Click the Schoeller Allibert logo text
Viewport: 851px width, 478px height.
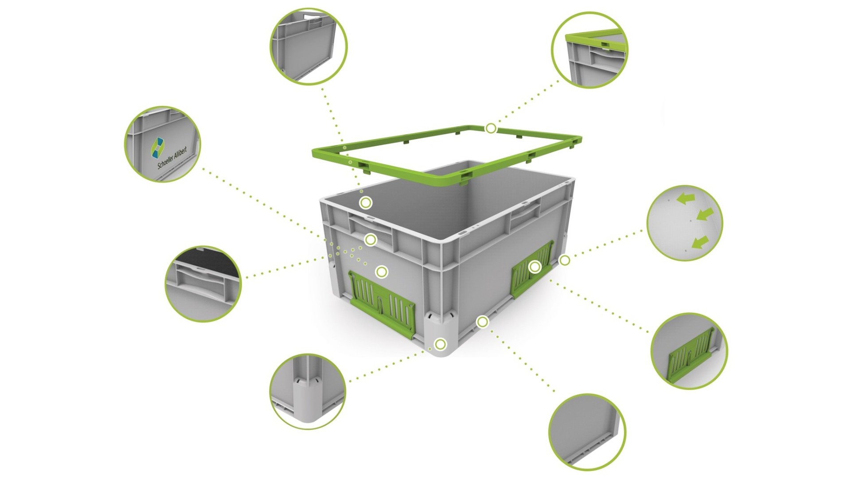click(x=172, y=158)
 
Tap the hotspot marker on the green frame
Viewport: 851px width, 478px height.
click(x=490, y=128)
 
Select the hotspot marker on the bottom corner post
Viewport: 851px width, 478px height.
click(x=440, y=344)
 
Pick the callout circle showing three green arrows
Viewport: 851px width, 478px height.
click(x=684, y=223)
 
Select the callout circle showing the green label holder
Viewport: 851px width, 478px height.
click(x=689, y=351)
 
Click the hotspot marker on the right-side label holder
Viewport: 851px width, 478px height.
click(x=535, y=267)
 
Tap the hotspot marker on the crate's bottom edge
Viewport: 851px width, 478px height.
click(x=482, y=322)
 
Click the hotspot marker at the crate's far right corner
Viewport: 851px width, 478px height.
click(x=564, y=260)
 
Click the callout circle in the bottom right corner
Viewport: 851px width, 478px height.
click(x=587, y=432)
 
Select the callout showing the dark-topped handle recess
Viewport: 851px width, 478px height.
click(x=203, y=284)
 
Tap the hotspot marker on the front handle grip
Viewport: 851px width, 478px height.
click(x=371, y=240)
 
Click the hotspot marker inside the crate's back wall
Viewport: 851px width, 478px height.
click(x=366, y=203)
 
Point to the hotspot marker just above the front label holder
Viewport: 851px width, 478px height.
click(x=381, y=272)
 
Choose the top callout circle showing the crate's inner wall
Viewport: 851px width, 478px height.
click(x=308, y=46)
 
